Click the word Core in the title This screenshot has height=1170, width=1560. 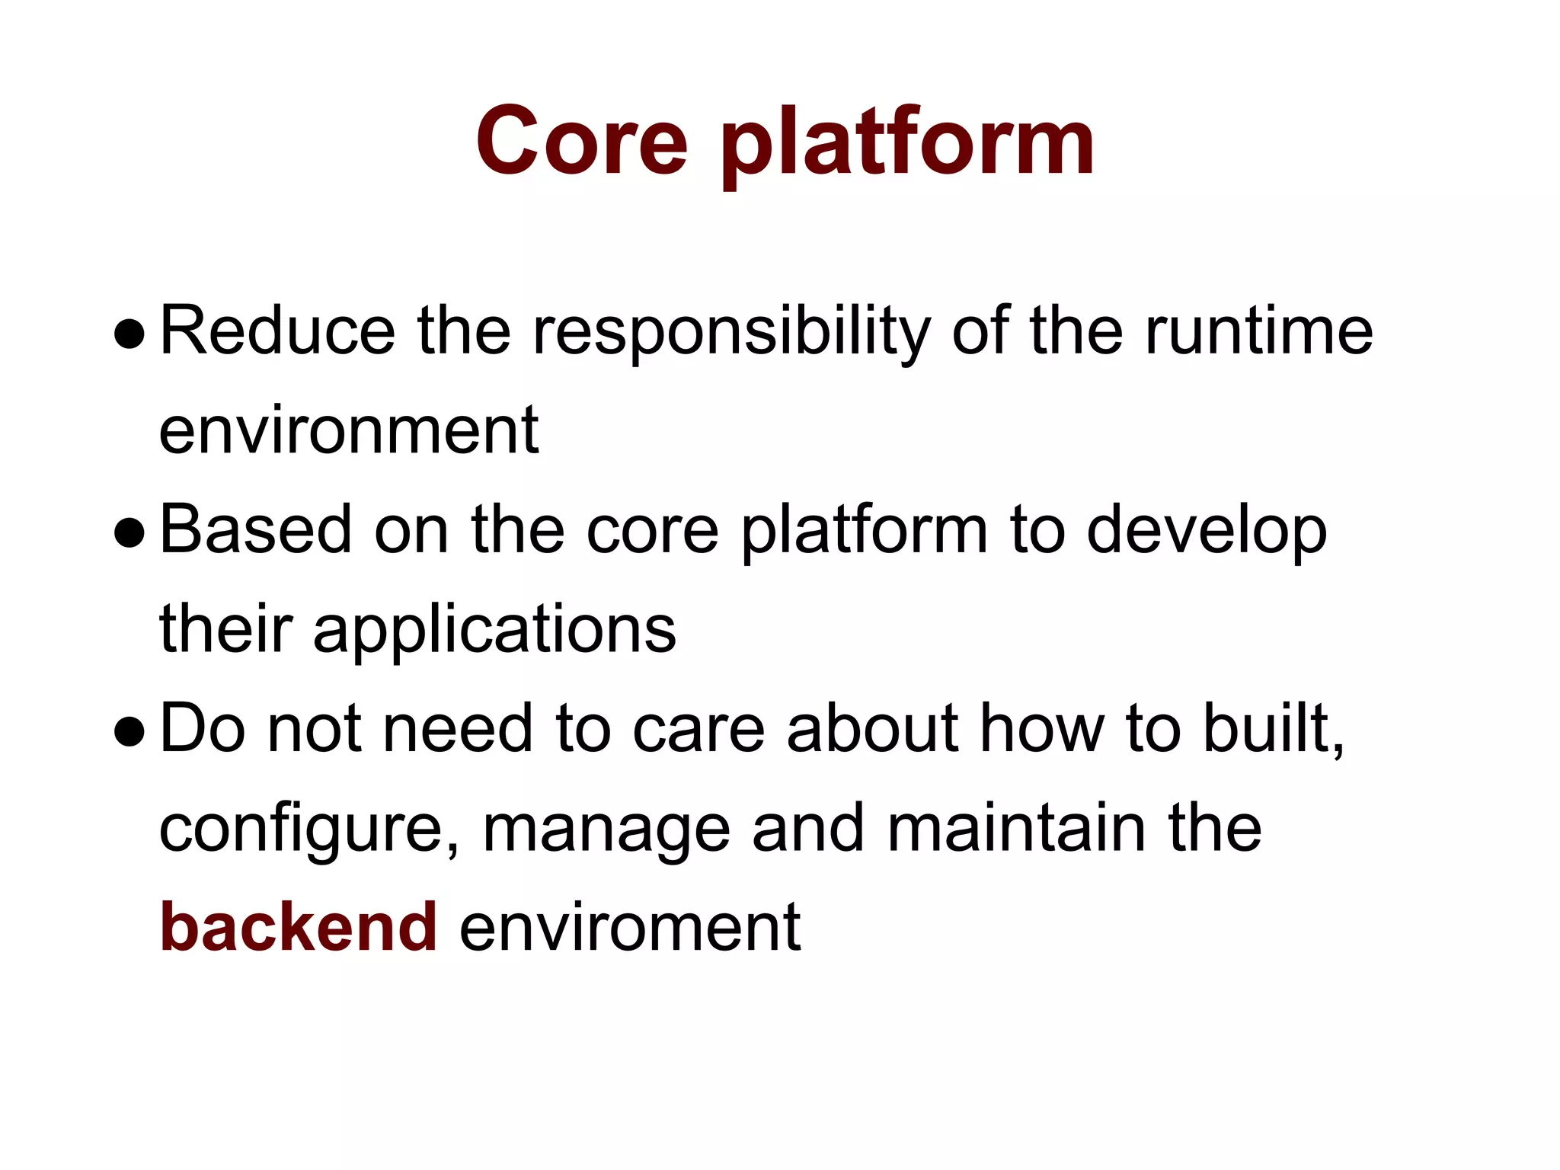click(x=582, y=142)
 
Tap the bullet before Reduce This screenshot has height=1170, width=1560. click(x=129, y=334)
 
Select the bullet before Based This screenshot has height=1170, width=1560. click(x=129, y=533)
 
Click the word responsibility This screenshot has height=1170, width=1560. click(x=731, y=333)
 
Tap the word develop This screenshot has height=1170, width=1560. click(x=1207, y=532)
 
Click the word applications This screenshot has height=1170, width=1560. click(x=494, y=631)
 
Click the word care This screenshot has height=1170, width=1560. click(x=698, y=729)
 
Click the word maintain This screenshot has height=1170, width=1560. click(x=1017, y=828)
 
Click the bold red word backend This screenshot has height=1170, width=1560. click(x=299, y=927)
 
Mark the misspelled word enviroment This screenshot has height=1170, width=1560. click(x=630, y=927)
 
